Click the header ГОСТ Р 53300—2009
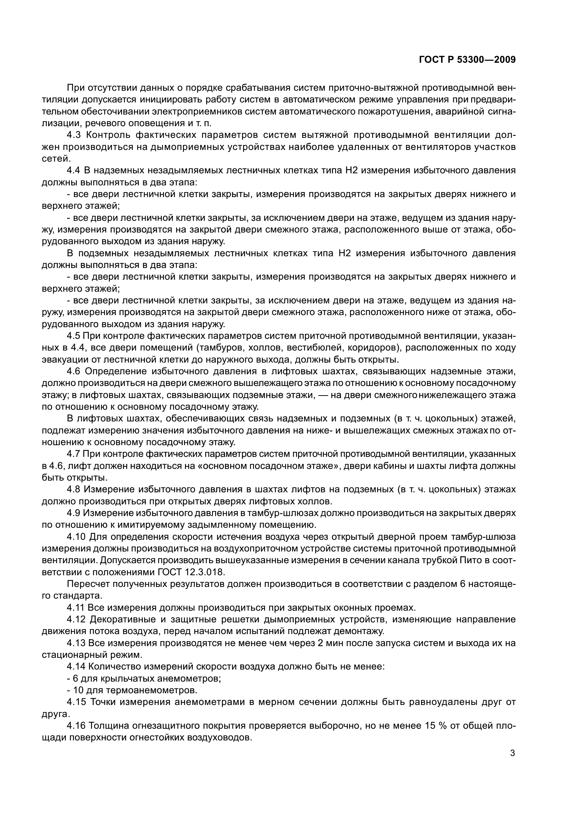467,60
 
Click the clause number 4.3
75,135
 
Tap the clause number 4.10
76,537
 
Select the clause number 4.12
76,620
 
